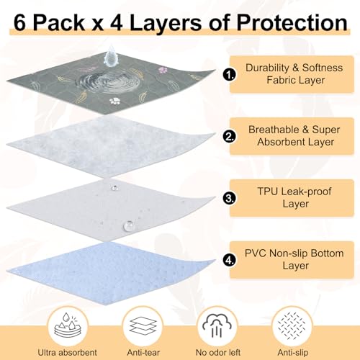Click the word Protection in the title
point(292,22)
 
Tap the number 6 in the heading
point(19,23)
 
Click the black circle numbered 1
point(229,74)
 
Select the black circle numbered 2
point(229,136)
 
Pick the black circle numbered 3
point(229,198)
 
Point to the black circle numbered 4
point(229,260)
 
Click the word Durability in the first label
point(267,68)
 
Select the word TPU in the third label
point(267,192)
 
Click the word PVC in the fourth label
point(256,253)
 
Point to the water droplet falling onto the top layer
point(111,56)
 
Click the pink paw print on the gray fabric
point(163,70)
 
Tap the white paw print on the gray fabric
point(114,101)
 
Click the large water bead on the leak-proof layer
point(128,225)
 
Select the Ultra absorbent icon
point(68,325)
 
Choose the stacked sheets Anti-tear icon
point(143,325)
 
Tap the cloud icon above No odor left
point(217,325)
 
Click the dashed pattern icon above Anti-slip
point(292,325)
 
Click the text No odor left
point(218,353)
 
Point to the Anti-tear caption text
point(143,353)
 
